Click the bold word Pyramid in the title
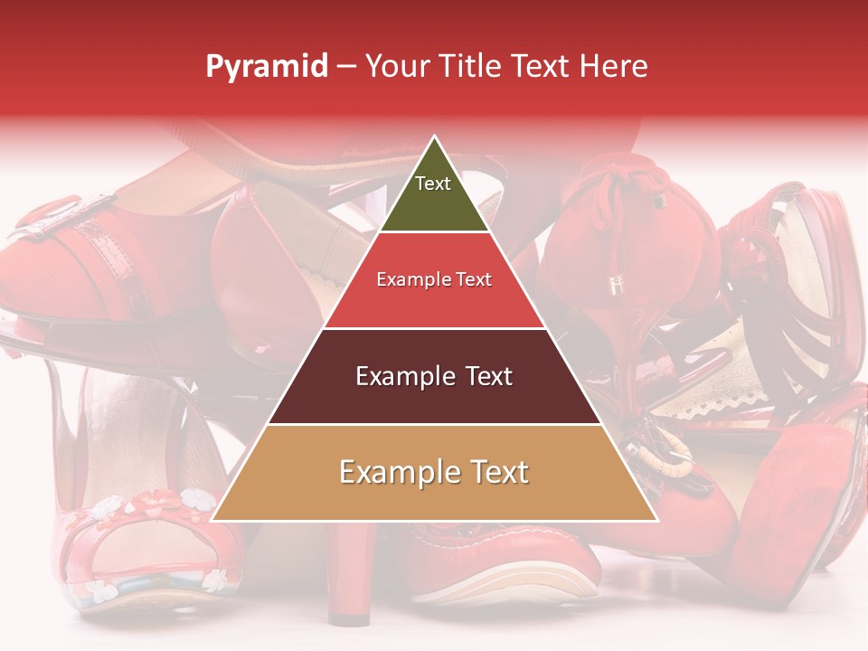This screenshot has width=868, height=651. pos(266,67)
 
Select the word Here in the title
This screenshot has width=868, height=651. pos(615,67)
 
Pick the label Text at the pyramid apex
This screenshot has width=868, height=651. pos(433,184)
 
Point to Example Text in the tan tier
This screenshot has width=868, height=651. pos(434,472)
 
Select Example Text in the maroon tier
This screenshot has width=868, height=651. pos(434,376)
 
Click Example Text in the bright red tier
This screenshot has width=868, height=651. pos(434,279)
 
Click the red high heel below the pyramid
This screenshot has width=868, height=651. pos(349,579)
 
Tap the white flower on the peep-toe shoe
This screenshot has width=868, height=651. pos(193,496)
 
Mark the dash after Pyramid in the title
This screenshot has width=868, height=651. pos(346,67)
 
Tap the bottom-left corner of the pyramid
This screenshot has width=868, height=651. pos(212,521)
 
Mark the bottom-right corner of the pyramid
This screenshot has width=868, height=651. pos(657,521)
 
